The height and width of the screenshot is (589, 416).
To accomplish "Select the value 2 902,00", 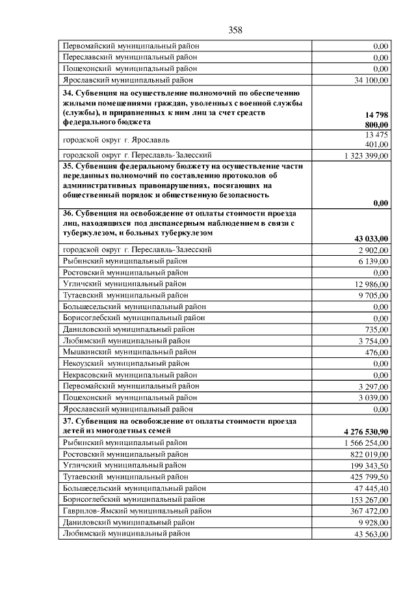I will tap(373, 250).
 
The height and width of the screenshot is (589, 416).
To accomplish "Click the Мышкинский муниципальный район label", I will tap(126, 351).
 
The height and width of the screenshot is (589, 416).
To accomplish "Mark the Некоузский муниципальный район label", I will tap(125, 363).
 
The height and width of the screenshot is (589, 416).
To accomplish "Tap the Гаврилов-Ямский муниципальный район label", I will tap(136, 511).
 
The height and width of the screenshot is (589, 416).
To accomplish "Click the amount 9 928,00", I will tap(373, 522).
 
